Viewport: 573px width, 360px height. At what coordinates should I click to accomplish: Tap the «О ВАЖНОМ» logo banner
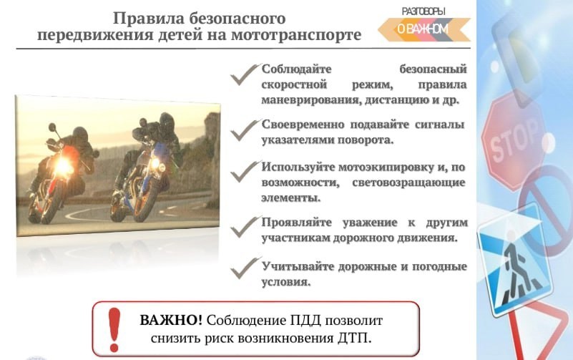(424, 29)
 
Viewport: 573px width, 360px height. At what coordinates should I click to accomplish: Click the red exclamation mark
(114, 329)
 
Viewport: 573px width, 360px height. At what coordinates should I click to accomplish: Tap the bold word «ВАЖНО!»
(171, 321)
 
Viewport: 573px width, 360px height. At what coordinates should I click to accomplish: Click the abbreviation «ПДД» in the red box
(305, 321)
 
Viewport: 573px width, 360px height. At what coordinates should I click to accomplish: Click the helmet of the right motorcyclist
(167, 122)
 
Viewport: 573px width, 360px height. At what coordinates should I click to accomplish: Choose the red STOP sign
(514, 141)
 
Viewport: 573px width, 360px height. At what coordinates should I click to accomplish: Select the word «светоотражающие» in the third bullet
(408, 183)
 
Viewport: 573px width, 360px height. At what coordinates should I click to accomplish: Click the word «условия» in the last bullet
(285, 282)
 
